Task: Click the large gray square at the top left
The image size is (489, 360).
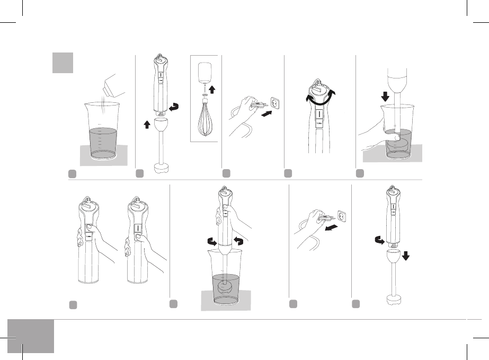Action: pos(63,63)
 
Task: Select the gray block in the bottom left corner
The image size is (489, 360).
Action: pos(31,336)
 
